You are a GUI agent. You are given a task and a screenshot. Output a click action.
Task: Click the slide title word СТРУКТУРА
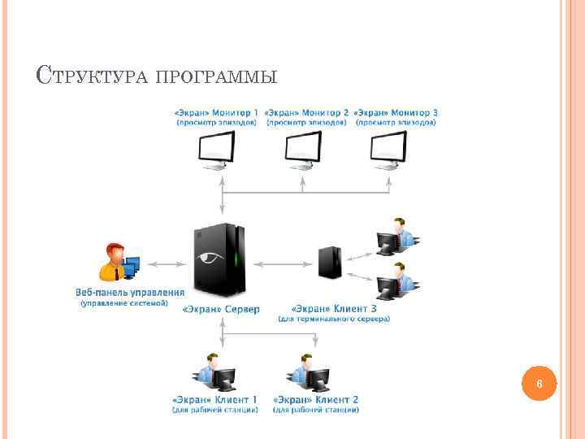(x=90, y=77)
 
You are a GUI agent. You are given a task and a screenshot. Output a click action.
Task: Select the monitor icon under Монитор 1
(x=217, y=150)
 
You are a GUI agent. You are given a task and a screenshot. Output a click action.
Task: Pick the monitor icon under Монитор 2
(x=302, y=150)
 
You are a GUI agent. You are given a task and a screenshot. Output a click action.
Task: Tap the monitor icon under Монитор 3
(x=388, y=150)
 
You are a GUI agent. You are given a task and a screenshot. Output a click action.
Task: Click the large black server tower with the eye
(x=219, y=259)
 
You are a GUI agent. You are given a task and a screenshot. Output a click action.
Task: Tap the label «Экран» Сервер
(x=221, y=309)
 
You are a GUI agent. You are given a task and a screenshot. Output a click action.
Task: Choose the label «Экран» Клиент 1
(x=214, y=400)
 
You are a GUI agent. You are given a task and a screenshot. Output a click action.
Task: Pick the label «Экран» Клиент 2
(x=316, y=400)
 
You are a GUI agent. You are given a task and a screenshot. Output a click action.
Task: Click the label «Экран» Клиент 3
(x=333, y=309)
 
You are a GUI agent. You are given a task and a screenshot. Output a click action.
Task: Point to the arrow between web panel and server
(x=167, y=263)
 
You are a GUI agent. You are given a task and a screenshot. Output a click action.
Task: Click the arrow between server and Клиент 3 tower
(x=285, y=263)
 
